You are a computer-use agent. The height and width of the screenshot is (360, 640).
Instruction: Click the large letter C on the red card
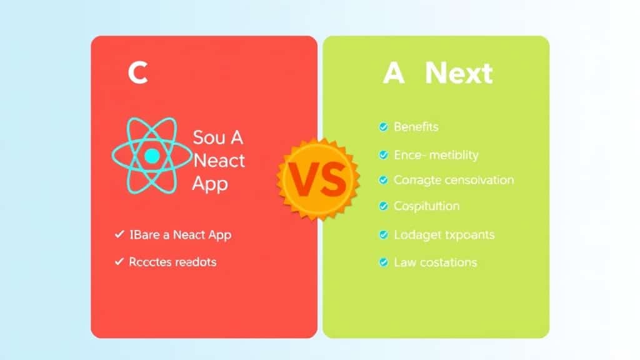tap(137, 74)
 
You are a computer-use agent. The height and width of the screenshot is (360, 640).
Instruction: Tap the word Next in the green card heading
tap(459, 74)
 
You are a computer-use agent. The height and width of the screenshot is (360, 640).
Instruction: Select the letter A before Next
tap(394, 74)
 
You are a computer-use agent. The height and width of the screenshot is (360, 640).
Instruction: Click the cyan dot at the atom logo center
tap(151, 156)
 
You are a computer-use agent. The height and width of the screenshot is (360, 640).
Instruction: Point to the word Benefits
tap(416, 127)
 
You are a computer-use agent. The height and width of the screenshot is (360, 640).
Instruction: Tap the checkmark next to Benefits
tap(383, 127)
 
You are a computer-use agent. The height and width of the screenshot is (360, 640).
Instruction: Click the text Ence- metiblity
tap(436, 154)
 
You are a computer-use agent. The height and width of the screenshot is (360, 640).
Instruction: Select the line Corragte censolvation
tap(454, 180)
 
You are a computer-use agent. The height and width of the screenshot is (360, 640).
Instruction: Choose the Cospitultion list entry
tap(426, 206)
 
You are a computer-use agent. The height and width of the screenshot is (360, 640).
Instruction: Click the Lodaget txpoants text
tap(444, 235)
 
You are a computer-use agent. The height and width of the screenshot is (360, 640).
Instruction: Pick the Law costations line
tap(435, 262)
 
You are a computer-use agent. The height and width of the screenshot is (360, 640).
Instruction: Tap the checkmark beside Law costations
tap(383, 262)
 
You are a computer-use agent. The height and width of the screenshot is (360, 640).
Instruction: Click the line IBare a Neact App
tap(181, 235)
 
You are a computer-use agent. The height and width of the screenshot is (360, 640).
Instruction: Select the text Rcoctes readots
tap(172, 262)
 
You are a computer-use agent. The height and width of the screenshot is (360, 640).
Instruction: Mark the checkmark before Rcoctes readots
tap(119, 262)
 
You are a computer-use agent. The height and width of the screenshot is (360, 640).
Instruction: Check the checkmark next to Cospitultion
tap(383, 206)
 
